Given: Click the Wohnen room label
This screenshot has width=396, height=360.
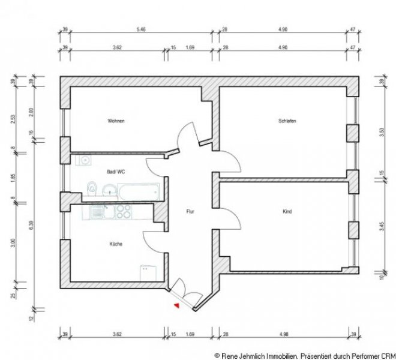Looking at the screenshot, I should (116, 121).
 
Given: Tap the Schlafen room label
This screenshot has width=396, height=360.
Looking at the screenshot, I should (287, 121).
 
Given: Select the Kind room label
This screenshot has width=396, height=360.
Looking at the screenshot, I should (287, 211).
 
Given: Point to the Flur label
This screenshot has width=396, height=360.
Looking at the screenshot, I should (190, 211).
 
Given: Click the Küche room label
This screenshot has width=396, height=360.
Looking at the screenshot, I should (116, 244).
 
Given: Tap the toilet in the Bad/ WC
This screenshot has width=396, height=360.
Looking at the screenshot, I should (91, 188).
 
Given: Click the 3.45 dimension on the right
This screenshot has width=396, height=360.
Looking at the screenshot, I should (383, 227).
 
